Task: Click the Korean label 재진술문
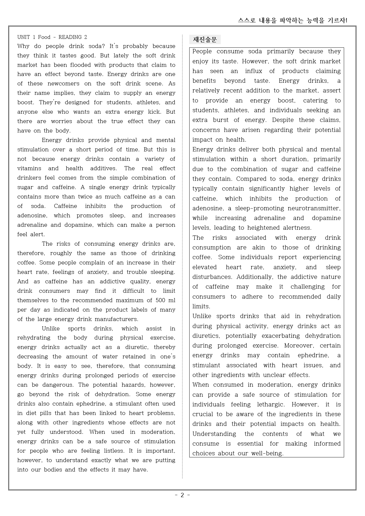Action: click(205, 40)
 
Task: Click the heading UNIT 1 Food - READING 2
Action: click(52, 37)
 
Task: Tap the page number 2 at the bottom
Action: click(182, 495)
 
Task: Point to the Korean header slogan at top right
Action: click(293, 20)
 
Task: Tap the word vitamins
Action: click(29, 168)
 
